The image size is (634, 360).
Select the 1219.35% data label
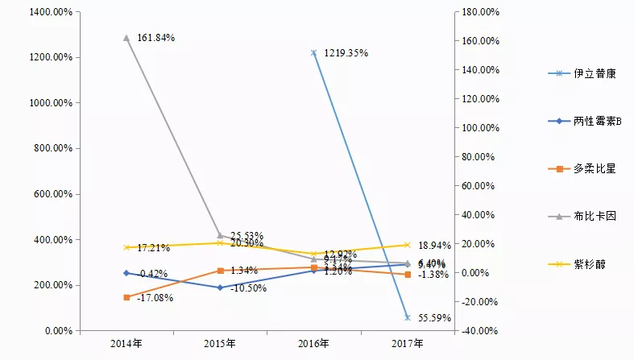tap(346, 53)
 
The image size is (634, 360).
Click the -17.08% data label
tap(155, 298)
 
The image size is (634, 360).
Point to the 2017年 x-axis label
tap(408, 344)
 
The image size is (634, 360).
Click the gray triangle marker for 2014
tap(126, 38)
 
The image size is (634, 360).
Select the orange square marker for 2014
tap(126, 297)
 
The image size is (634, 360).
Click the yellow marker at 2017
tap(408, 245)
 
